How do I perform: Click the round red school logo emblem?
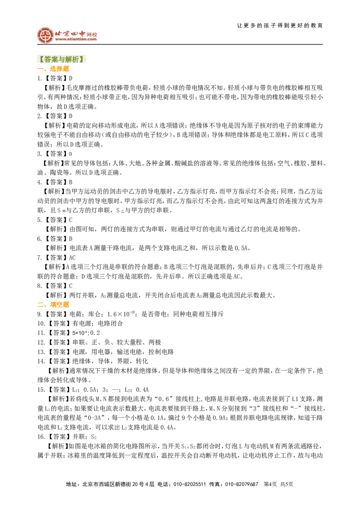point(45,35)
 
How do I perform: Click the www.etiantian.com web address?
point(76,39)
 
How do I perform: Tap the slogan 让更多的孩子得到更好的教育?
point(280,25)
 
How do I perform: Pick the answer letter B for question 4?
point(71,182)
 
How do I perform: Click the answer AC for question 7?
point(72,257)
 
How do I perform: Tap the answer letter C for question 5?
point(71,220)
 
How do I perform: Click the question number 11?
point(41,333)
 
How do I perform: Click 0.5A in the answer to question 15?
point(90,389)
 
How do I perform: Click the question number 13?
point(41,352)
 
